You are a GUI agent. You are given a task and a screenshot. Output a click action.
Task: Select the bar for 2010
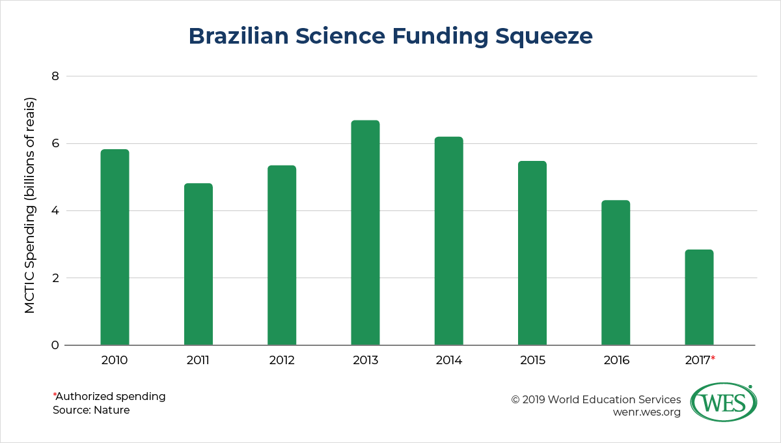point(115,248)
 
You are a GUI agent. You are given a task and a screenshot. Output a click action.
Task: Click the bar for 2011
point(198,264)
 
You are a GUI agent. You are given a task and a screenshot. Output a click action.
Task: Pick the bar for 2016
point(616,273)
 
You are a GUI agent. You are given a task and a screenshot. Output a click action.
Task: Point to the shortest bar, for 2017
point(699,298)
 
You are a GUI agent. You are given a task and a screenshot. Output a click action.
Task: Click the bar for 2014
point(448,241)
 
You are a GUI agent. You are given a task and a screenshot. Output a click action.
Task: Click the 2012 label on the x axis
point(282,360)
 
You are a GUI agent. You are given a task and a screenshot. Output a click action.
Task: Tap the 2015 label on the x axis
point(532,360)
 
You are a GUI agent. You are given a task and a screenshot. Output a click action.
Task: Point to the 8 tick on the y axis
point(55,76)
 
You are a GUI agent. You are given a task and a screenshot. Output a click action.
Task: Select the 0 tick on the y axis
point(55,345)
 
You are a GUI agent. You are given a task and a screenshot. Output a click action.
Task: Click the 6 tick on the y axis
point(55,143)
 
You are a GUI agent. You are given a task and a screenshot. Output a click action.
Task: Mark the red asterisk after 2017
point(713,358)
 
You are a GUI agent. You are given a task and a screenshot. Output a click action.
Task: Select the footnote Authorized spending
point(111,396)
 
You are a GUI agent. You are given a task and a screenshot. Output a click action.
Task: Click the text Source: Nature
point(91,410)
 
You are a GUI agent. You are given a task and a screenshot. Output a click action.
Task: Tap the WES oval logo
point(723,403)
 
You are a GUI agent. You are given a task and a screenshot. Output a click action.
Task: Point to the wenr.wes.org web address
point(647,412)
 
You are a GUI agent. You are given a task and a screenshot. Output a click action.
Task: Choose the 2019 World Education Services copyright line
point(596,399)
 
